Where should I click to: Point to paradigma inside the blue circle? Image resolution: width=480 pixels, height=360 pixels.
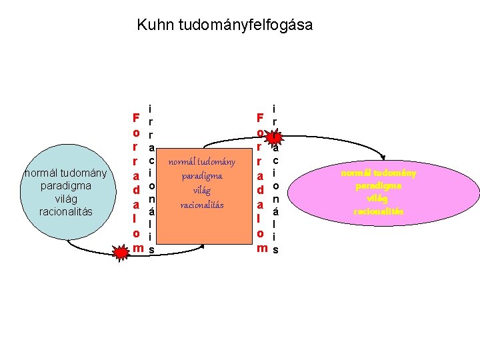(x=65, y=187)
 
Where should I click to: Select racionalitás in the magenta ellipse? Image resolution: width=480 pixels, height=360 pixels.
(x=379, y=211)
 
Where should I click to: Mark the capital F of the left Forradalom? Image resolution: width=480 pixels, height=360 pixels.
(x=135, y=118)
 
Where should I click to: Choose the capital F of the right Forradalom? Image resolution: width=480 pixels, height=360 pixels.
(x=260, y=118)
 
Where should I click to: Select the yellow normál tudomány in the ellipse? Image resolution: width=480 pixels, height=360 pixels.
(x=379, y=173)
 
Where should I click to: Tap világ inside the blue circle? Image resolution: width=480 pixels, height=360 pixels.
(x=65, y=199)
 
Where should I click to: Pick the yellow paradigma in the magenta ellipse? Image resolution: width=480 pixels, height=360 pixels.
(x=379, y=186)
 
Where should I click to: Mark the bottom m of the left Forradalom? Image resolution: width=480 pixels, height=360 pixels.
(x=137, y=249)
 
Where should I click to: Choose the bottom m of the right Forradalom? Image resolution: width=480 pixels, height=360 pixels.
(x=261, y=249)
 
